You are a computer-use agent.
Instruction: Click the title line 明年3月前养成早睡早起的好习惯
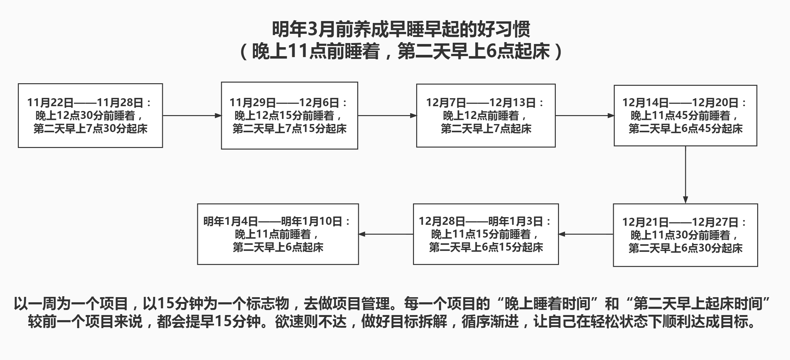[401, 29]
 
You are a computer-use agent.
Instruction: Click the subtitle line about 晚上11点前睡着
[401, 51]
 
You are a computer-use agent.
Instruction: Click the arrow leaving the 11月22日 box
[192, 115]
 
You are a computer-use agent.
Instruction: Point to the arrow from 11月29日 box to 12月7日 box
[387, 115]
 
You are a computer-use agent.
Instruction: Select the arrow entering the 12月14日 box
[585, 115]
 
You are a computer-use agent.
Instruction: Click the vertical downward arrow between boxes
[685, 175]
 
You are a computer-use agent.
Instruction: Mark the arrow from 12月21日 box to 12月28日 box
[586, 234]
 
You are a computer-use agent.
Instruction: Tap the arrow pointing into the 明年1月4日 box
[386, 234]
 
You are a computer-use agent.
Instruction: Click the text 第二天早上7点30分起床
[91, 129]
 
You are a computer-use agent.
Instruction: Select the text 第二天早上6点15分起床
[486, 247]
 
